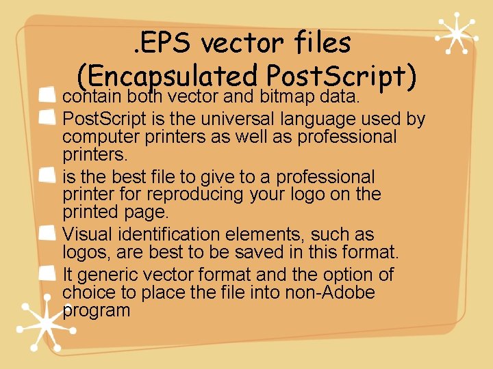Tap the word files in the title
[318, 44]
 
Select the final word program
[96, 311]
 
